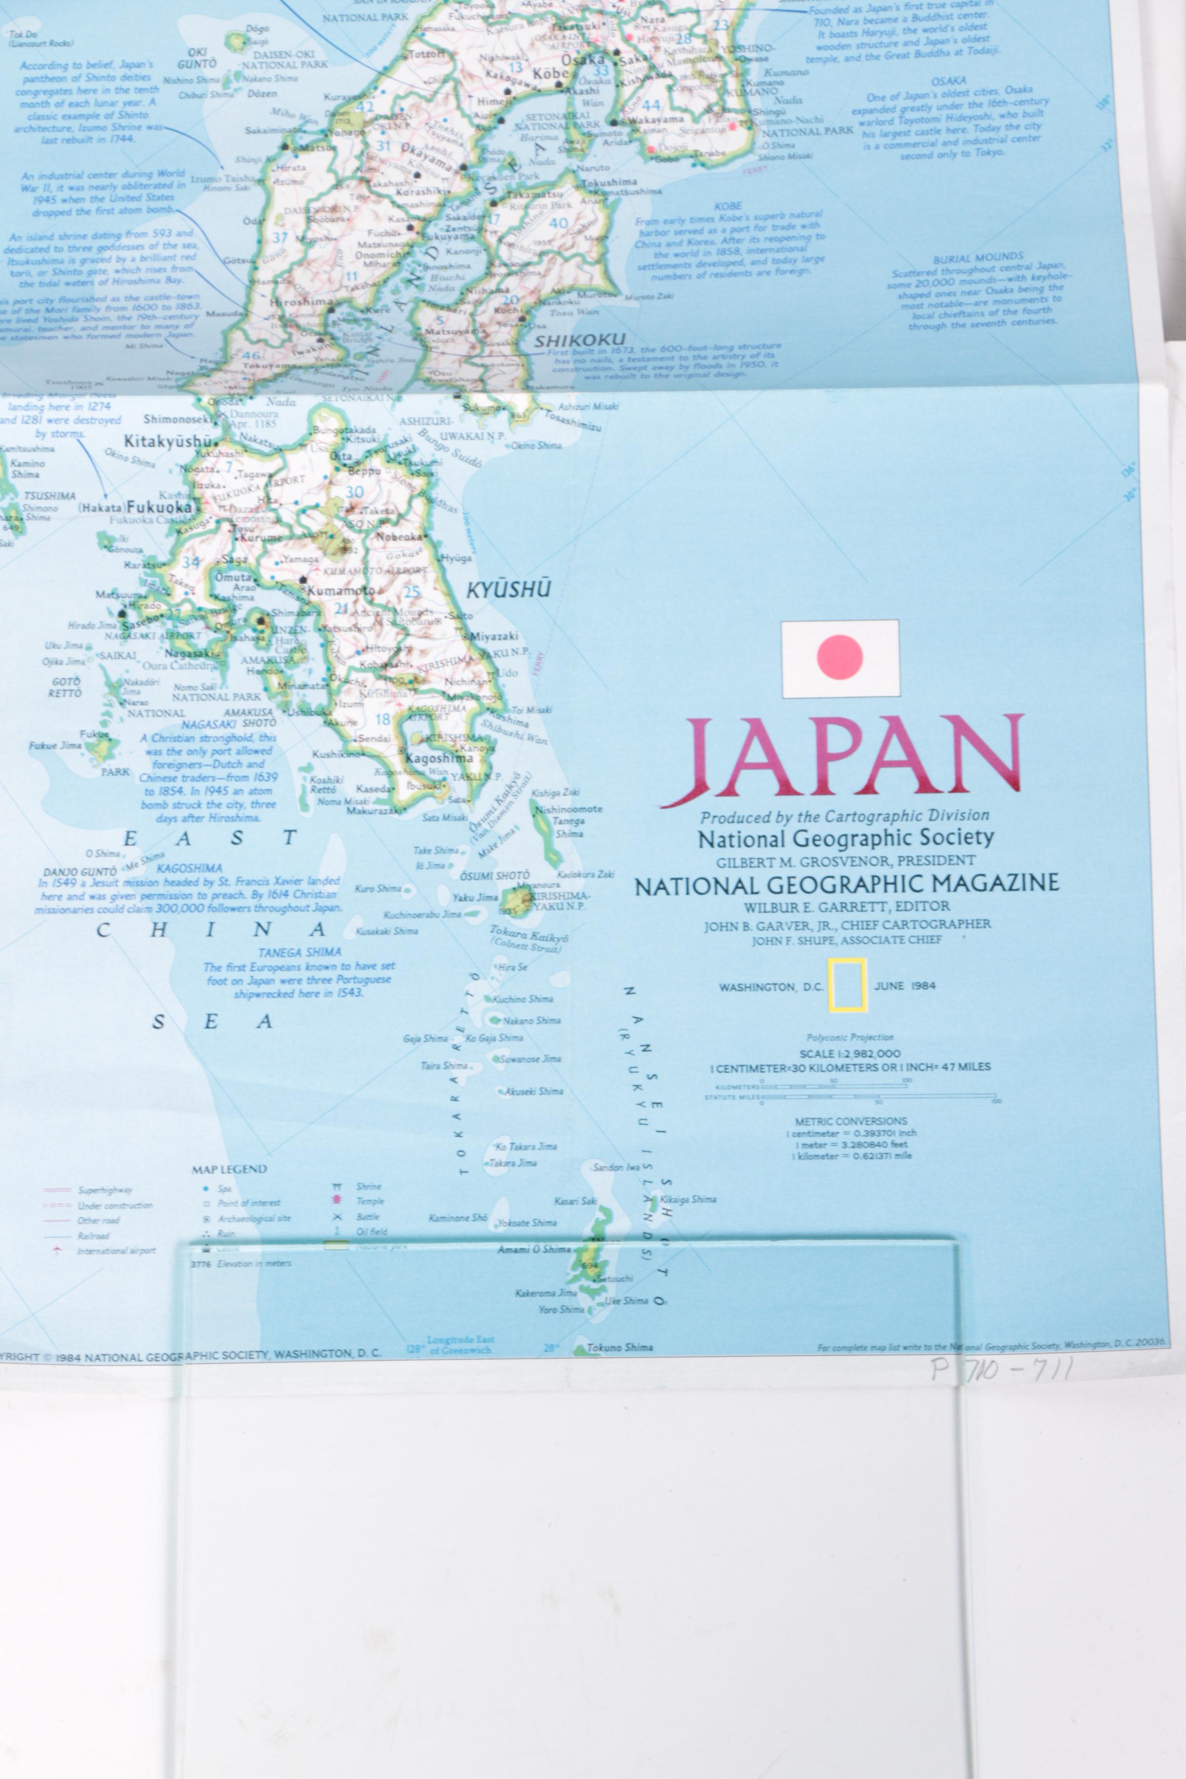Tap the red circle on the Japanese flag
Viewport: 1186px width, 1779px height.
[840, 656]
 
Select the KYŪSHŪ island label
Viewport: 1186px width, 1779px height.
[508, 590]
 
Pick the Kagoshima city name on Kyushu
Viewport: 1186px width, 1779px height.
[439, 758]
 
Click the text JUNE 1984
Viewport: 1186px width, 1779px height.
[905, 986]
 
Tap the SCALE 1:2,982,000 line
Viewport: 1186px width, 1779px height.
[850, 1053]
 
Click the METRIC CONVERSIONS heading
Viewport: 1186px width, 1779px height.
[851, 1121]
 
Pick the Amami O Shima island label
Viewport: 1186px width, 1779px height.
[533, 1249]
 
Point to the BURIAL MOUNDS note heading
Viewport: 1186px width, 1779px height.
[977, 258]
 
